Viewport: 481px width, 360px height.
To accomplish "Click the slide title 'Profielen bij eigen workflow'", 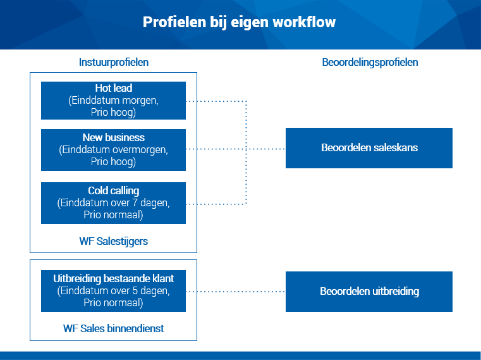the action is (x=239, y=22).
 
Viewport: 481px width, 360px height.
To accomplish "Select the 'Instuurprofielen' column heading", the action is (x=114, y=63).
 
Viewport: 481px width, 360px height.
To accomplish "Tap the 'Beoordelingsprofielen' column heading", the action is (x=370, y=63).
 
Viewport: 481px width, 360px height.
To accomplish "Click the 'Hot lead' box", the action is (x=114, y=101).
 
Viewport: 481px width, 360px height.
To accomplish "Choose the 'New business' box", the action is (x=114, y=150).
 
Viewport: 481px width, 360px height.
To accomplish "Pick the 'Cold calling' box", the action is (x=114, y=203).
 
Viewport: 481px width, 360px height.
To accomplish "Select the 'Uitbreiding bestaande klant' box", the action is (x=114, y=291).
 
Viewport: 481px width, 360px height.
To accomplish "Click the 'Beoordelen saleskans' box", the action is (x=369, y=148).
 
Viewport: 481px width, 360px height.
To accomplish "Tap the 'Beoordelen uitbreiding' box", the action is (x=369, y=292).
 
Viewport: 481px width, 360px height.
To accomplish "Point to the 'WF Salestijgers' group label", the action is (x=114, y=242).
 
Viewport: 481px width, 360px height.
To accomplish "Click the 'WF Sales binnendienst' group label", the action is (x=114, y=328).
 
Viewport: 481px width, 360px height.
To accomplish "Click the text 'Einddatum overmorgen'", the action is (x=115, y=150).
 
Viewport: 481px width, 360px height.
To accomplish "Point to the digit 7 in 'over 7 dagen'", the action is (x=135, y=203).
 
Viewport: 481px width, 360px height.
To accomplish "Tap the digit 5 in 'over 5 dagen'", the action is (x=135, y=291).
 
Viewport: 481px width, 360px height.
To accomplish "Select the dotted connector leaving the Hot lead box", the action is (x=216, y=101).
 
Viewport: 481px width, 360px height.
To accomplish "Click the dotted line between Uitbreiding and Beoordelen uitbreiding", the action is (x=236, y=292).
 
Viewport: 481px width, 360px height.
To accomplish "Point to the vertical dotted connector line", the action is (x=246, y=152).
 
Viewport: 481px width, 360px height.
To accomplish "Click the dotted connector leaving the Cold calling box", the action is (x=216, y=204).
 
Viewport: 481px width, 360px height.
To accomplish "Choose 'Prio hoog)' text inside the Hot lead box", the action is (x=113, y=113).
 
